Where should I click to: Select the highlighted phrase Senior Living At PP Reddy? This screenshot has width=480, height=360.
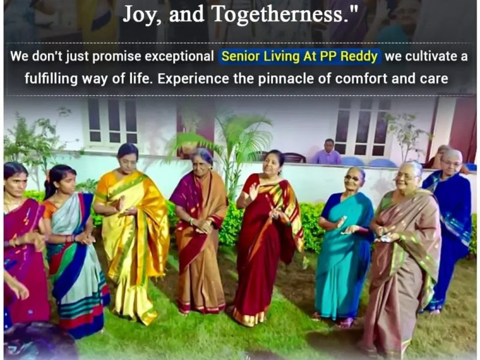click(x=299, y=57)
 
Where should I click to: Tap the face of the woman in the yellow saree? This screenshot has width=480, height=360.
click(x=127, y=160)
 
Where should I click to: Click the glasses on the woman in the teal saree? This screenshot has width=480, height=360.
click(x=352, y=178)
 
